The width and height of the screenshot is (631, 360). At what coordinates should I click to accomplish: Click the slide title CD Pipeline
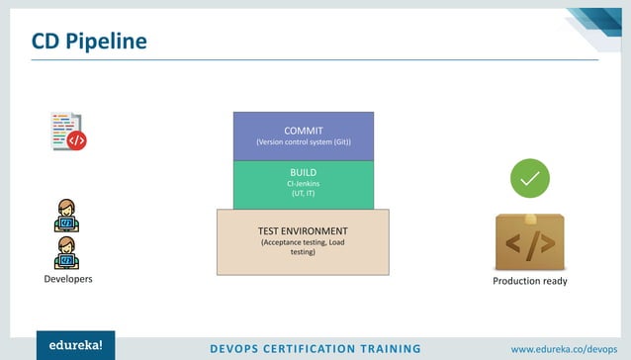pyautogui.click(x=88, y=41)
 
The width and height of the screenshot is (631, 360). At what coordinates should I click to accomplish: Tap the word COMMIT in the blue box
pyautogui.click(x=303, y=131)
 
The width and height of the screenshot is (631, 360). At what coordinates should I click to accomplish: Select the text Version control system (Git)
pyautogui.click(x=303, y=142)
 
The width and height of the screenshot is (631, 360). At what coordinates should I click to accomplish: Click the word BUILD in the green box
pyautogui.click(x=303, y=172)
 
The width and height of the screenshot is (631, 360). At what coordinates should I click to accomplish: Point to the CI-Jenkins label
pyautogui.click(x=303, y=183)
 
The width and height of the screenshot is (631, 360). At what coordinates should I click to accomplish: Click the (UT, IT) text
pyautogui.click(x=303, y=194)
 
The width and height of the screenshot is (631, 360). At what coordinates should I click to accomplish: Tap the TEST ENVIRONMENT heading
pyautogui.click(x=303, y=231)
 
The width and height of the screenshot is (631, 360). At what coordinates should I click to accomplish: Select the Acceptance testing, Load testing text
pyautogui.click(x=303, y=247)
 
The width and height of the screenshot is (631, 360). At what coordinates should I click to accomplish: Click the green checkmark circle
pyautogui.click(x=529, y=178)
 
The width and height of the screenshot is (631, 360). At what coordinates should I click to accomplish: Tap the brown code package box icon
pyautogui.click(x=529, y=240)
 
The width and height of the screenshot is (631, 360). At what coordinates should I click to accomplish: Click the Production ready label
pyautogui.click(x=529, y=282)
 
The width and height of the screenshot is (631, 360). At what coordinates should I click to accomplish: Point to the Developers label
pyautogui.click(x=68, y=280)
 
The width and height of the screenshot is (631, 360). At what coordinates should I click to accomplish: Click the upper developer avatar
pyautogui.click(x=67, y=215)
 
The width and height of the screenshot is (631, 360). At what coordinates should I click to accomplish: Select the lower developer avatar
pyautogui.click(x=67, y=252)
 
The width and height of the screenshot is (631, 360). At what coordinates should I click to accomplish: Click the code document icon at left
pyautogui.click(x=66, y=131)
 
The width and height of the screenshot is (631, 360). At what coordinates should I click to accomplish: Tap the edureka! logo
pyautogui.click(x=75, y=346)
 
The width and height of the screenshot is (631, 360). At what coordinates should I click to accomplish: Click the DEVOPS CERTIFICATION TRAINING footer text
pyautogui.click(x=316, y=348)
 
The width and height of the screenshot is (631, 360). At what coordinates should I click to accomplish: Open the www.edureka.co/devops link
pyautogui.click(x=564, y=348)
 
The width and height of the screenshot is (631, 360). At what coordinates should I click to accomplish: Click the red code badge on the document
pyautogui.click(x=76, y=140)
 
